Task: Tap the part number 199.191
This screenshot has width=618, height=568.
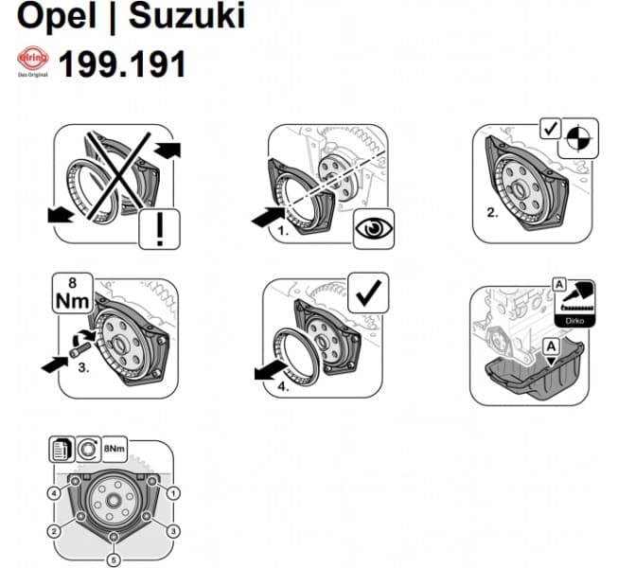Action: coord(122,64)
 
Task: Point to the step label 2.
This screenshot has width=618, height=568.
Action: coord(492,214)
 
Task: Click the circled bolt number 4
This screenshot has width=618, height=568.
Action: coord(54,493)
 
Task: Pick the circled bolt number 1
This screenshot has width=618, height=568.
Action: coord(173,493)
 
